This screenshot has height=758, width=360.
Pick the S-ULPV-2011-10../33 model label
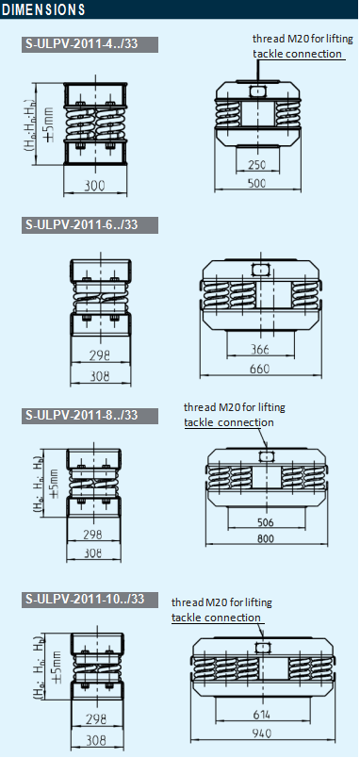point(85,599)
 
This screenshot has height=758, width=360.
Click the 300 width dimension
point(94,186)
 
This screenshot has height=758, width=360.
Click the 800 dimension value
point(267,540)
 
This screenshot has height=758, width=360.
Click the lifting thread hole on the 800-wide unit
point(267,455)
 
